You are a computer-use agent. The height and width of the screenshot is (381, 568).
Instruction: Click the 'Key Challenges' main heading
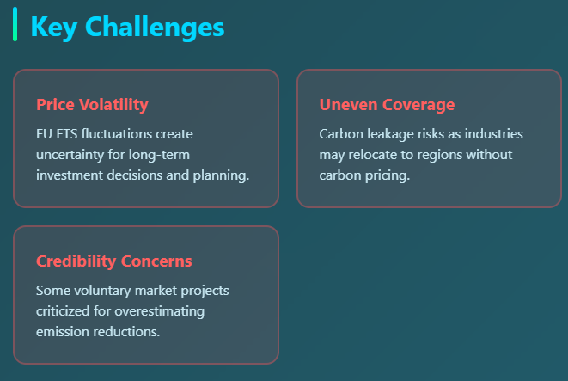pos(127,27)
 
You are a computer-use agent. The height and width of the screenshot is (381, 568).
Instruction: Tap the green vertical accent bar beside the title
pos(15,24)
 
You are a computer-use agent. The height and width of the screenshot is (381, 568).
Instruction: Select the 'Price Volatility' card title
pos(92,105)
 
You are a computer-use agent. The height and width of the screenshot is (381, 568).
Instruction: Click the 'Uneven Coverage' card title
pos(387,105)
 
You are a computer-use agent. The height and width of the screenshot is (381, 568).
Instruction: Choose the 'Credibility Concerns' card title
pos(114,261)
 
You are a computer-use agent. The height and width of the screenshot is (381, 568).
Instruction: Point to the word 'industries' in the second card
pos(493,134)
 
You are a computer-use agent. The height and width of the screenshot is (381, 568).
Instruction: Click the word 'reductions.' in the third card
pos(128,332)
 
